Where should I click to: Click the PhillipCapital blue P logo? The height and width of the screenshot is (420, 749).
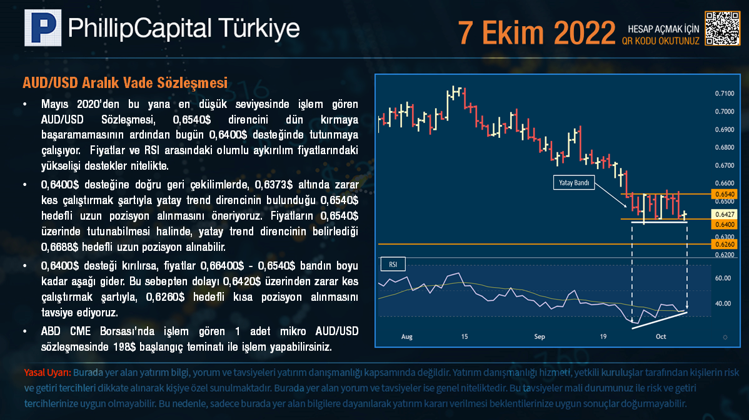43,27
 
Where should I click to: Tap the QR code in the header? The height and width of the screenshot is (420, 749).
723,29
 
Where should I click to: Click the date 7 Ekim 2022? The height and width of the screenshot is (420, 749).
536,33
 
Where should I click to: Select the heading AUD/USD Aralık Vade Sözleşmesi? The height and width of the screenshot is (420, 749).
125,83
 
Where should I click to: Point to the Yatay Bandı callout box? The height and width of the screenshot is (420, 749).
574,183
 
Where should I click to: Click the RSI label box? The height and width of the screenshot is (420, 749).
393,264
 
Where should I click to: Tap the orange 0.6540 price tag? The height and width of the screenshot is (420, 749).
724,194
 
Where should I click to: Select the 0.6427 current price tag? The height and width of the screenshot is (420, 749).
724,215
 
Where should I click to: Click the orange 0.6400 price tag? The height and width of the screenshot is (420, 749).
724,225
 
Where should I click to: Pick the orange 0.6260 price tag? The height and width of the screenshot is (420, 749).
724,245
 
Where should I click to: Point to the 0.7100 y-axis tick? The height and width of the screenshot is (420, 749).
724,94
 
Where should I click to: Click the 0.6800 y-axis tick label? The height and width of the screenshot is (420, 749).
724,147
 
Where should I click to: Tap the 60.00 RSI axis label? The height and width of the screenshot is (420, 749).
723,278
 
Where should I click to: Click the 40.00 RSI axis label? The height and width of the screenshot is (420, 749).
723,303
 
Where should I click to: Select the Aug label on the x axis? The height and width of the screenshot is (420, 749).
406,336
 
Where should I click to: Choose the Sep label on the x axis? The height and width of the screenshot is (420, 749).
540,336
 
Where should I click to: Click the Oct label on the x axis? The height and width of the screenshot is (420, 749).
661,336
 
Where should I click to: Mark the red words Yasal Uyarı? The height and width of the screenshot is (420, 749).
48,373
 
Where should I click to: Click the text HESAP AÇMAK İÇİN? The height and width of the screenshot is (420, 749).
663,29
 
